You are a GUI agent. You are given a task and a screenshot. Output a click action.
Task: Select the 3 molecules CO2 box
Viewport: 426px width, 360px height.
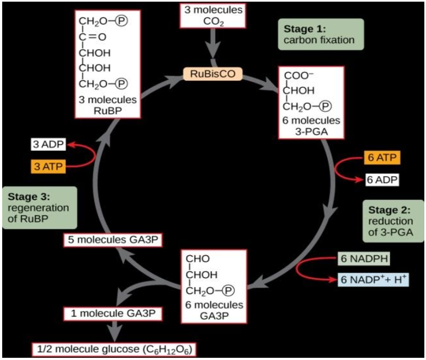coord(212,16)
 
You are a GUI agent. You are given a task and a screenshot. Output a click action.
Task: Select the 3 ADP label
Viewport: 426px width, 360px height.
coord(48,145)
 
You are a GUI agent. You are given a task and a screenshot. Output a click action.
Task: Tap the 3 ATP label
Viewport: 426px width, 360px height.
coord(48,165)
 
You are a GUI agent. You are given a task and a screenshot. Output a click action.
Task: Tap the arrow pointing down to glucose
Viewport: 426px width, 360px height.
coord(115,331)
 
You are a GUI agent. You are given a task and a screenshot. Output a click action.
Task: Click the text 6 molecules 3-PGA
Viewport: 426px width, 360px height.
coord(312,126)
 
